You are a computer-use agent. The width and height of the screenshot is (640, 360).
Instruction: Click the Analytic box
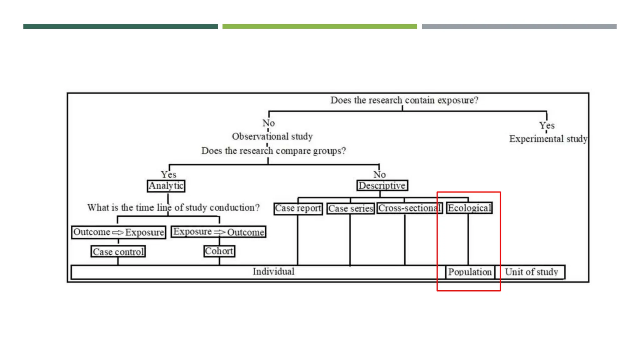pyautogui.click(x=166, y=186)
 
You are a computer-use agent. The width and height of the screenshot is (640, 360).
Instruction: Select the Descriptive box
pyautogui.click(x=382, y=186)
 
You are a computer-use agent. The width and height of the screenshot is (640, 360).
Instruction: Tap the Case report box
pyautogui.click(x=298, y=208)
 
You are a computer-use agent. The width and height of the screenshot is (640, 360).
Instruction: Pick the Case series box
pyautogui.click(x=351, y=208)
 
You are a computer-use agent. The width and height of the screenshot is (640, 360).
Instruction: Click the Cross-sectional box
pyautogui.click(x=409, y=208)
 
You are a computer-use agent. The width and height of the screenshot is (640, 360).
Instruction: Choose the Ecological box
pyautogui.click(x=469, y=208)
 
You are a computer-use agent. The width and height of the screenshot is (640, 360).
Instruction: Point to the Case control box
pyautogui.click(x=118, y=252)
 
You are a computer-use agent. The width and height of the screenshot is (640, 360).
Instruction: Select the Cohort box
pyautogui.click(x=219, y=251)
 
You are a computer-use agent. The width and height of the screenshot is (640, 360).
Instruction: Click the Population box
pyautogui.click(x=470, y=272)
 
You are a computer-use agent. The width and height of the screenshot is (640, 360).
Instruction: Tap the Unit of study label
pyautogui.click(x=531, y=272)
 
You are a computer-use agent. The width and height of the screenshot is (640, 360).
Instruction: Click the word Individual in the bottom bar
pyautogui.click(x=273, y=272)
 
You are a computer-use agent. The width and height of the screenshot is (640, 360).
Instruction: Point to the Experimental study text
pyautogui.click(x=548, y=139)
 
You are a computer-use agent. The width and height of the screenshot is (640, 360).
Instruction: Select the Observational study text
pyautogui.click(x=272, y=137)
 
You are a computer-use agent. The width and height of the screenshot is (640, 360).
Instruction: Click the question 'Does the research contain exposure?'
pyautogui.click(x=404, y=100)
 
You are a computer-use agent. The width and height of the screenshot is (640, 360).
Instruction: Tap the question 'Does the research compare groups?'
pyautogui.click(x=273, y=151)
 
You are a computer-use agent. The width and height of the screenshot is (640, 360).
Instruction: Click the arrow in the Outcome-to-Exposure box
pyautogui.click(x=118, y=232)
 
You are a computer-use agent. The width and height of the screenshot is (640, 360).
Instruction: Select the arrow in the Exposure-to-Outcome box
pyautogui.click(x=219, y=232)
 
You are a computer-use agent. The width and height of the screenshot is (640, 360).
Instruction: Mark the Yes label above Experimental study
pyautogui.click(x=547, y=126)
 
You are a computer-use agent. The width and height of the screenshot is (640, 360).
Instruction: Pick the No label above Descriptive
pyautogui.click(x=379, y=174)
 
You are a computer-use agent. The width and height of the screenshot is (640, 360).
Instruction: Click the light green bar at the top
pyautogui.click(x=319, y=27)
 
